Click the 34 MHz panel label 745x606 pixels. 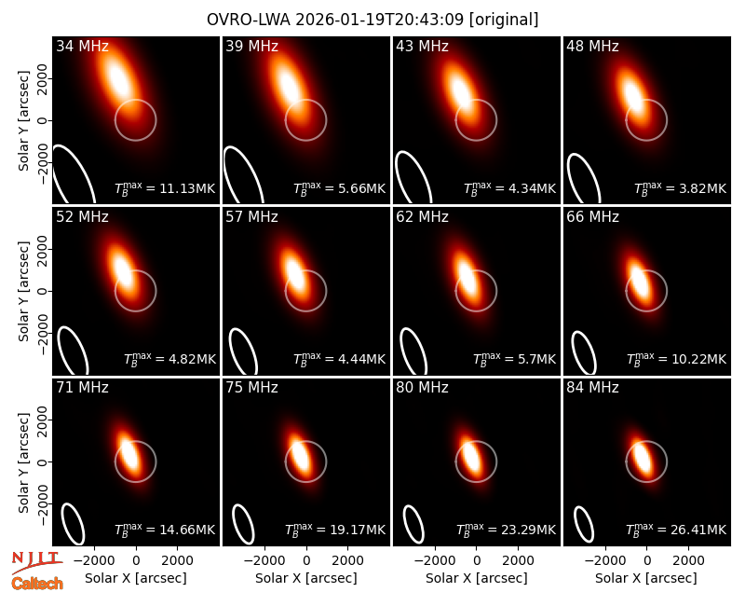coord(82,46)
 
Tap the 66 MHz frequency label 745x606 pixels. coord(592,217)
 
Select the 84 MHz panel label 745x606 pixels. coord(592,388)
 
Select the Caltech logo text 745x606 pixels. coord(37,584)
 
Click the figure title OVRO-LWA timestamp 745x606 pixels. coord(372,20)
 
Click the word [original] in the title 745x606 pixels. coord(504,20)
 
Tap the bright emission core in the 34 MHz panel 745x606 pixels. coord(119,81)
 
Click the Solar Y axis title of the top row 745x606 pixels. coord(23,121)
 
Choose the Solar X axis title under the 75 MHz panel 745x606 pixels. coord(306,578)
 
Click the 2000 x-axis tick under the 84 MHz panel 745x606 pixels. coord(688,560)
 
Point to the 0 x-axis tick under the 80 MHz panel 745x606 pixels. coord(477,560)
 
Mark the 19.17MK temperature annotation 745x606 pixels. coord(335,530)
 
